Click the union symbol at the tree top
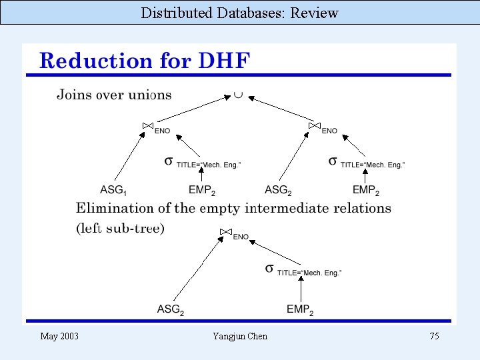pos(238,95)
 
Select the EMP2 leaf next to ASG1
pos(201,190)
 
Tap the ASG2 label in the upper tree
pos(279,190)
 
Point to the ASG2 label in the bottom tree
pos(171,309)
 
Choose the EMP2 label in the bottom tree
pos(300,309)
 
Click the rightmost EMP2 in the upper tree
pos(366,190)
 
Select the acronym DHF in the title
pos(225,61)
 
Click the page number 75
pos(434,336)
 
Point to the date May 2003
pos(59,336)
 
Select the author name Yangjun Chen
pos(240,336)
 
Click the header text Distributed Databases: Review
pos(240,13)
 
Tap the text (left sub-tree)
pos(120,228)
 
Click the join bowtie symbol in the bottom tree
pos(225,233)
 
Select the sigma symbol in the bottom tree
pos(269,268)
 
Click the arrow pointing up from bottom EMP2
pos(301,290)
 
